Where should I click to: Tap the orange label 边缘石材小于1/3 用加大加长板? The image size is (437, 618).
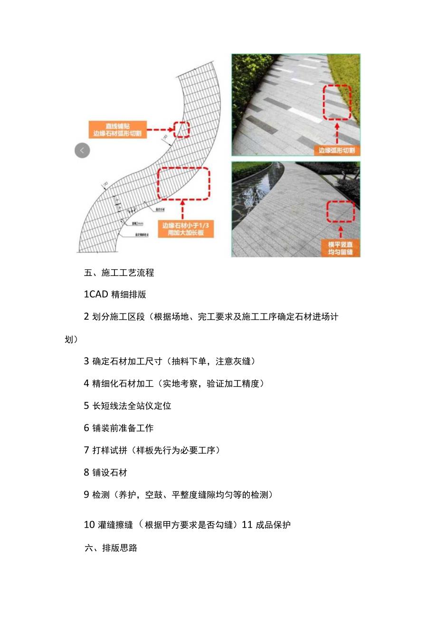pyautogui.click(x=185, y=229)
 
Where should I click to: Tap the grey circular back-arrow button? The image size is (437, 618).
pyautogui.click(x=82, y=151)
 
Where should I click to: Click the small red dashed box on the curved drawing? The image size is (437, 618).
pyautogui.click(x=181, y=129)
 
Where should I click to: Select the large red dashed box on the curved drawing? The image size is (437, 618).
pyautogui.click(x=183, y=184)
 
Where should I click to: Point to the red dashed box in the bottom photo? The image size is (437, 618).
pyautogui.click(x=341, y=211)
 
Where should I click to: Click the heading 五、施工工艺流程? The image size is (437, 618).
pyautogui.click(x=119, y=273)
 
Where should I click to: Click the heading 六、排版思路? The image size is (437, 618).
pyautogui.click(x=111, y=548)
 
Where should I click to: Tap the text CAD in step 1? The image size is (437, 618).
pyautogui.click(x=99, y=295)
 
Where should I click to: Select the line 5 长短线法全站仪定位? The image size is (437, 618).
pyautogui.click(x=127, y=406)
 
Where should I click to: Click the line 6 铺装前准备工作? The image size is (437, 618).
pyautogui.click(x=119, y=428)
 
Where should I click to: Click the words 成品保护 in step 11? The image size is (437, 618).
pyautogui.click(x=273, y=525)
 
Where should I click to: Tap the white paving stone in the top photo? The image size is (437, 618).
pyautogui.click(x=304, y=113)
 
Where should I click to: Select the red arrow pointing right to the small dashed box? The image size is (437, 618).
pyautogui.click(x=159, y=129)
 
